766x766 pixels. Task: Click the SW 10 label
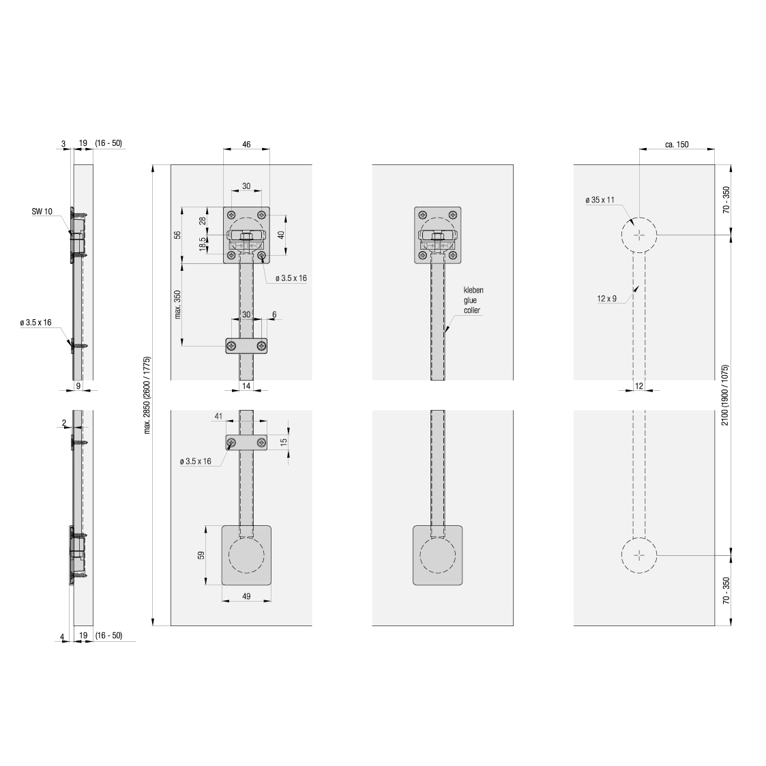[x=42, y=211]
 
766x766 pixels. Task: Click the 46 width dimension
[x=246, y=144]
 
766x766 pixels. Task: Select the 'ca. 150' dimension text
[x=677, y=144]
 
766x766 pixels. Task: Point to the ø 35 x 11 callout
[x=600, y=200]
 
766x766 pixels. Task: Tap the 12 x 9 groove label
[x=607, y=299]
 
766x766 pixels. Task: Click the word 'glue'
[x=470, y=300]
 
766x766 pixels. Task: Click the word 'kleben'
[x=473, y=290]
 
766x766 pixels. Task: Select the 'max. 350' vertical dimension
[x=177, y=304]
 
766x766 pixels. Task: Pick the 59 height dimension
[x=201, y=555]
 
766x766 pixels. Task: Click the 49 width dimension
[x=246, y=596]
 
